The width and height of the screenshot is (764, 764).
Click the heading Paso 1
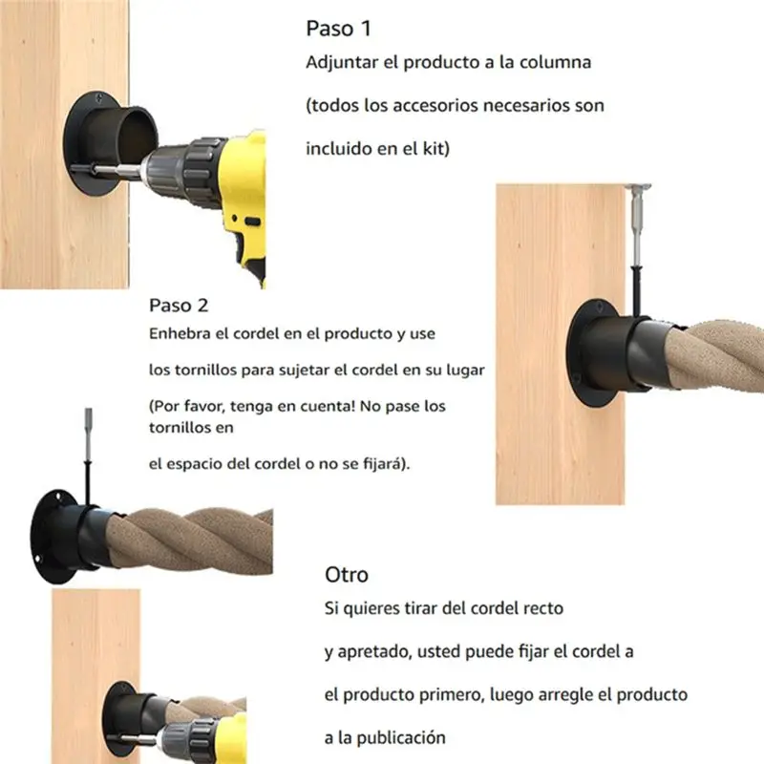(339, 29)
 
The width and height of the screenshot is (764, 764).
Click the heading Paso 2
(179, 306)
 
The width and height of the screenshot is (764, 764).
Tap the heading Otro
(347, 575)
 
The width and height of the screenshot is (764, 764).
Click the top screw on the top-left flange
(100, 98)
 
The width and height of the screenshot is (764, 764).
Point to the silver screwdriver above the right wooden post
(637, 225)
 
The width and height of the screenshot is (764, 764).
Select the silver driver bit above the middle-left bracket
(88, 434)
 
